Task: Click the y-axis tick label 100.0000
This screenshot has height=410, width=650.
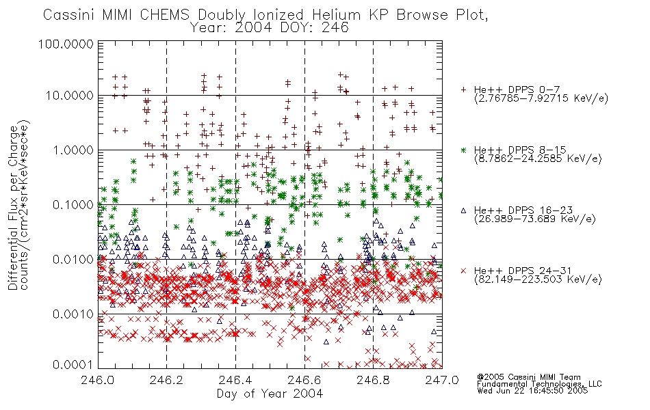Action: click(66, 44)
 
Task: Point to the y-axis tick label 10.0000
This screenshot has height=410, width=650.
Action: click(69, 96)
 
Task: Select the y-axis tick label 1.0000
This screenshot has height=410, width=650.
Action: click(73, 150)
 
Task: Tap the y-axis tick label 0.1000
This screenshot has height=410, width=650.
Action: click(73, 204)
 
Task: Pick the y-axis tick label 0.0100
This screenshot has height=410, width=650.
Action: click(73, 259)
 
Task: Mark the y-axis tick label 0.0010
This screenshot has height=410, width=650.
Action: click(73, 314)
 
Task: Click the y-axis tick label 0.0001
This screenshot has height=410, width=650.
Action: click(73, 365)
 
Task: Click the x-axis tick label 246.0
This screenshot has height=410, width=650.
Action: click(98, 380)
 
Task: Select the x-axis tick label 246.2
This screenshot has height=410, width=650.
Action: click(167, 380)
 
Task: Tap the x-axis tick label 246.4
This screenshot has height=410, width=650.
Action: click(235, 380)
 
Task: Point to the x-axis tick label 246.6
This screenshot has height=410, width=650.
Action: click(304, 380)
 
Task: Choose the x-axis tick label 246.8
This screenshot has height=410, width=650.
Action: click(373, 380)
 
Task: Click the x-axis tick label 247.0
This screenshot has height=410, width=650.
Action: click(442, 380)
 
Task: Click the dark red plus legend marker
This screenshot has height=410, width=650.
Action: click(463, 90)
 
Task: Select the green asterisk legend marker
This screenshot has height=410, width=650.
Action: click(463, 150)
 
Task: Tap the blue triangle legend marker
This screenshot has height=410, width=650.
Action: click(463, 210)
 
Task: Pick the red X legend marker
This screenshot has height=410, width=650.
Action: click(463, 271)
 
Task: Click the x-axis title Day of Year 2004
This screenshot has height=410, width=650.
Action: click(270, 394)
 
